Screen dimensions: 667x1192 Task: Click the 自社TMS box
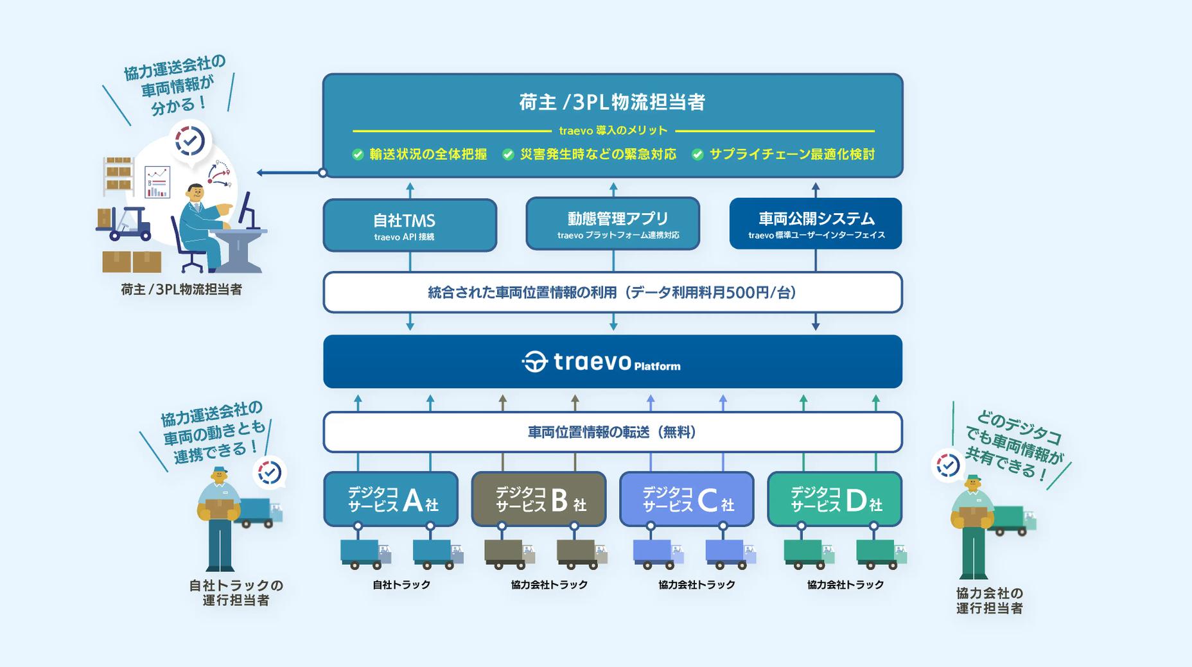tap(410, 225)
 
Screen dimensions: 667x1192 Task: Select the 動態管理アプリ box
tap(613, 223)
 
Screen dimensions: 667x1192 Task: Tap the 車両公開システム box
tap(816, 223)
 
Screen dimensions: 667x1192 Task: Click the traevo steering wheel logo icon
tap(534, 362)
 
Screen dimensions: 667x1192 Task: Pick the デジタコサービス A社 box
tap(390, 499)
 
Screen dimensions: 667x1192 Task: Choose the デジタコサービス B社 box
tap(539, 499)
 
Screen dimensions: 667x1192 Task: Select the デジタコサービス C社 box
tap(687, 499)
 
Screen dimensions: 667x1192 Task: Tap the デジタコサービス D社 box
tap(834, 499)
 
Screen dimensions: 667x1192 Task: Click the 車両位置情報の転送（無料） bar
tap(613, 432)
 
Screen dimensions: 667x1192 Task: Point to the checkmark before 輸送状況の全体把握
tap(358, 155)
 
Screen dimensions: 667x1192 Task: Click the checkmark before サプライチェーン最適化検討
tap(697, 155)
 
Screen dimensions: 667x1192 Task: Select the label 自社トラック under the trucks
tap(401, 585)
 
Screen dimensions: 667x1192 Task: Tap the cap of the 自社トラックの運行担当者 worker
tap(220, 470)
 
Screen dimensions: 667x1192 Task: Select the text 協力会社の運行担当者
tap(989, 601)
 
